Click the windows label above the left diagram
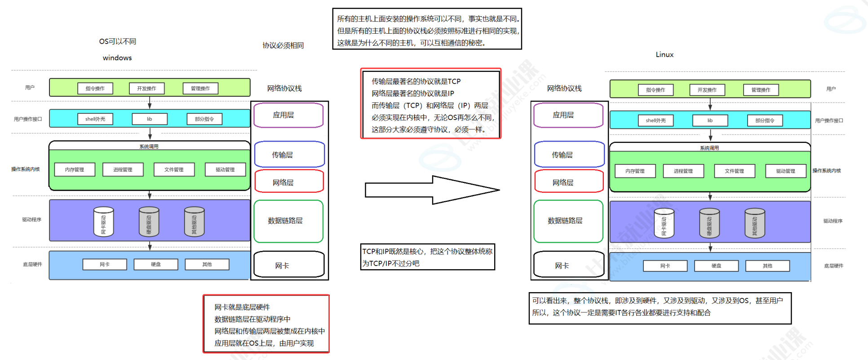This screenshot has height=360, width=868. (117, 58)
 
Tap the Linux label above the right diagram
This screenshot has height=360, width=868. (664, 55)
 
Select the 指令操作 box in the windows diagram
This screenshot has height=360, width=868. (95, 89)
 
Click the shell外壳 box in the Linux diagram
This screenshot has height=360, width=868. (655, 120)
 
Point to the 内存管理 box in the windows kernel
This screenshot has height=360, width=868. (75, 169)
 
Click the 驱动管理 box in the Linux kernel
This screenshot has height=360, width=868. (785, 171)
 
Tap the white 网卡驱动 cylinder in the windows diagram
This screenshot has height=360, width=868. (103, 222)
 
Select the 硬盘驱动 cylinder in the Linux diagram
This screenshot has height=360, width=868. (709, 223)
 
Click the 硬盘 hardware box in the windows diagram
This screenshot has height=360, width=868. (156, 264)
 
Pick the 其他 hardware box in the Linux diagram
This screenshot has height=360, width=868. (767, 266)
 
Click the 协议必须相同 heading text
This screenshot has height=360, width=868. (283, 45)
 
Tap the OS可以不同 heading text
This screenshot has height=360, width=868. (117, 41)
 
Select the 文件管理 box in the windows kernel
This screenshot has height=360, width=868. (174, 169)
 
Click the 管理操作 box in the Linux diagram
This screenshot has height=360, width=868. (761, 90)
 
